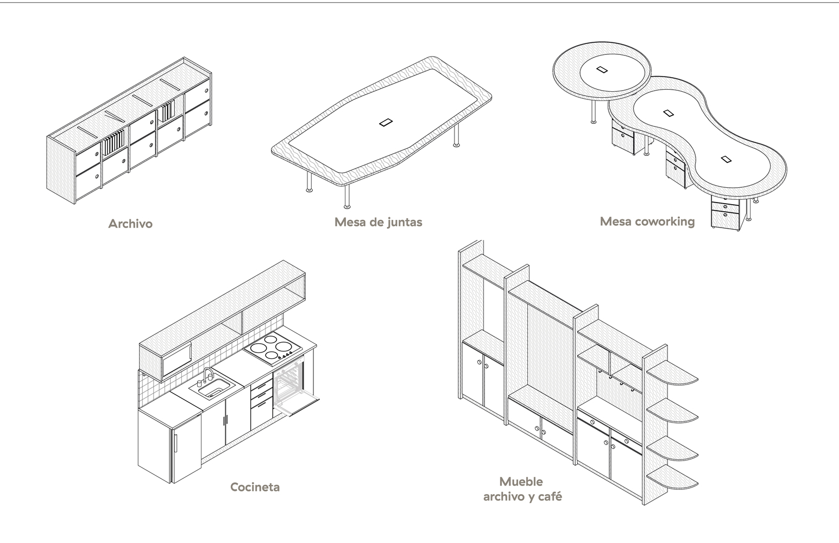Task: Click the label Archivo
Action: point(130,224)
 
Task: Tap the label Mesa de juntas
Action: point(378,222)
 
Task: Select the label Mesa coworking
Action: point(647,222)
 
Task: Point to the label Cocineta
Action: point(255,487)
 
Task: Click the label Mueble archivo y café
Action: point(522,489)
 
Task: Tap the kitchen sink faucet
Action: point(208,374)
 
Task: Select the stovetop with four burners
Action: point(274,348)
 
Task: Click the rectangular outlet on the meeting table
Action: point(386,122)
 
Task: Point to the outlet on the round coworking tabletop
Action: point(602,70)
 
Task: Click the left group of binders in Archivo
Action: point(114,143)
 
